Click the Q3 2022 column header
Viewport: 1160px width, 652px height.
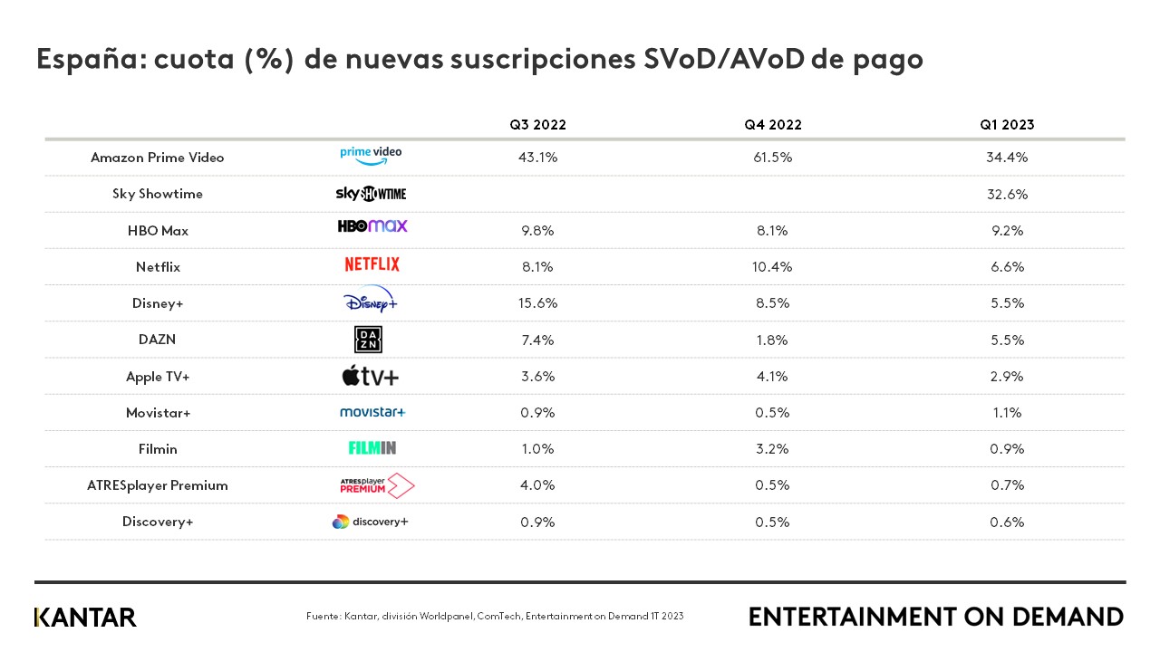point(537,125)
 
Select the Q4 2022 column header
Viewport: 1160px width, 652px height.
point(773,125)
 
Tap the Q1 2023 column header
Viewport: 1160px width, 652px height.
point(1007,125)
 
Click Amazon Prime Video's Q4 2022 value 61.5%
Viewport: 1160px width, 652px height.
point(772,158)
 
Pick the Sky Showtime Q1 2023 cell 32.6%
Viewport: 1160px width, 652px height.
point(1007,194)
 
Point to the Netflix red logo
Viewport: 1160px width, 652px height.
point(372,264)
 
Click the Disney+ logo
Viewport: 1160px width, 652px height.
point(371,301)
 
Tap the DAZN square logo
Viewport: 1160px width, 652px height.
point(368,340)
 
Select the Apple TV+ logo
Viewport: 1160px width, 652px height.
point(370,376)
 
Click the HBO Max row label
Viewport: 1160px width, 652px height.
point(158,231)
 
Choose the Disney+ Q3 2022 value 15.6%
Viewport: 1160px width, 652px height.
point(537,303)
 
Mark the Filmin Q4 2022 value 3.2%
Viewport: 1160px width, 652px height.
point(772,449)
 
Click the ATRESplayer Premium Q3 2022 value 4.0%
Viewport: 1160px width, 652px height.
point(537,485)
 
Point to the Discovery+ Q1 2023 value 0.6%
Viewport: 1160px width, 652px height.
point(1007,523)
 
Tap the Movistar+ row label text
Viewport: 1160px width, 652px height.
point(158,413)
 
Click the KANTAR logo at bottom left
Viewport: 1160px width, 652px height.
point(85,618)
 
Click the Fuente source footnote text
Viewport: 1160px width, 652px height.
point(495,617)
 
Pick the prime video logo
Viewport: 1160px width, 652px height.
point(371,155)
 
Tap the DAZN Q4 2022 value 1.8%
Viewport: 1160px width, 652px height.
point(772,340)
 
